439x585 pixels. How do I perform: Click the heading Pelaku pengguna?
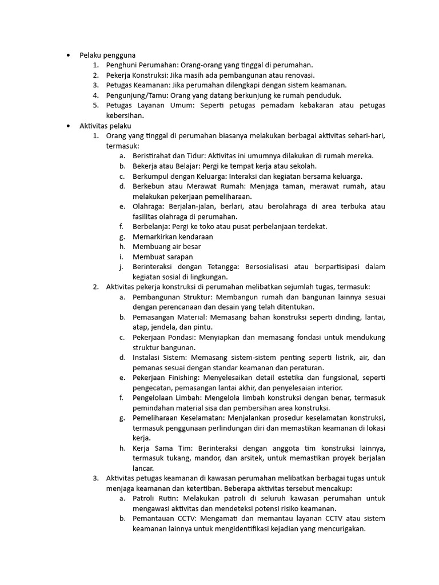pyautogui.click(x=107, y=55)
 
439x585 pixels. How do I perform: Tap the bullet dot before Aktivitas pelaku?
pyautogui.click(x=67, y=125)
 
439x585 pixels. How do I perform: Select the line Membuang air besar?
pyautogui.click(x=166, y=246)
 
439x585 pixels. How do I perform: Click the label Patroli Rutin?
pyautogui.click(x=154, y=498)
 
